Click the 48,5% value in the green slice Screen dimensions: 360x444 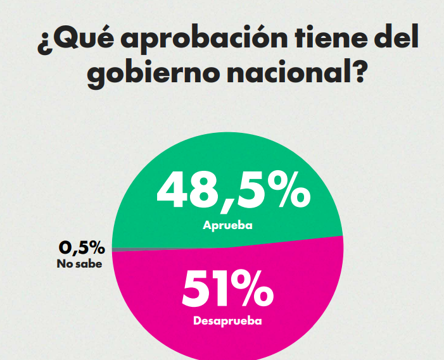tap(234, 190)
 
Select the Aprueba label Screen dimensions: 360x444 tap(227, 225)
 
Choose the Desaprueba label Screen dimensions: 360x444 tap(227, 321)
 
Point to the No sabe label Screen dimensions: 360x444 tap(80, 263)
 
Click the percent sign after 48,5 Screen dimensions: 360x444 tap(288, 190)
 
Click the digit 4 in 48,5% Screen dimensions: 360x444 tap(174, 190)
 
